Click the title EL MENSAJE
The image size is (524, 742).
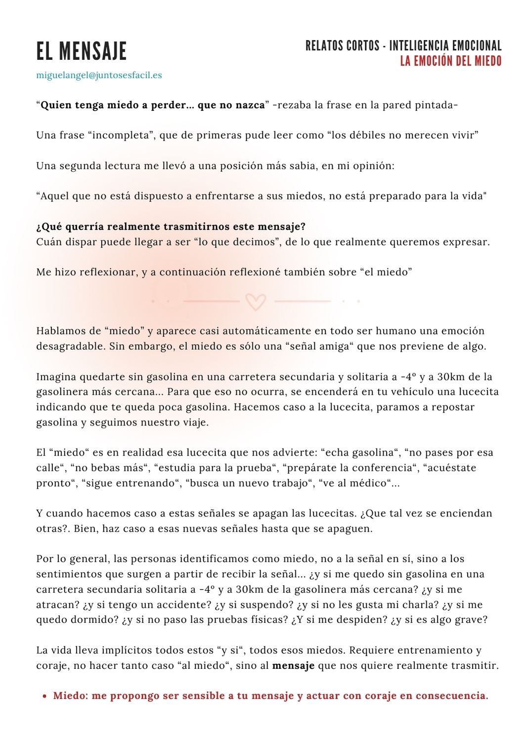[82, 51]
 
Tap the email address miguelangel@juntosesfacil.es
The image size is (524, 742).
[99, 75]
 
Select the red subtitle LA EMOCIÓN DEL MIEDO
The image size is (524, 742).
[450, 61]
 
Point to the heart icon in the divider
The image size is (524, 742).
[256, 301]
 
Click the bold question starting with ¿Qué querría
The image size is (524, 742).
[171, 227]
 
